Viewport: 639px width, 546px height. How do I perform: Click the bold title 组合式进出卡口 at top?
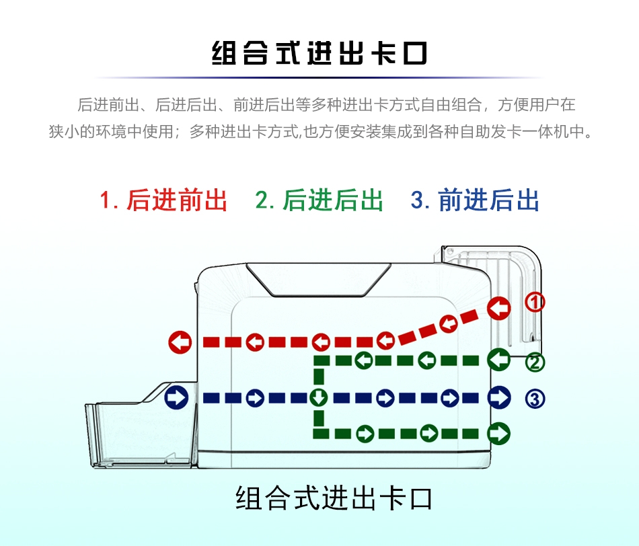(x=319, y=53)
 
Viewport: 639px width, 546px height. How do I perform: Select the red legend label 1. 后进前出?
(x=163, y=200)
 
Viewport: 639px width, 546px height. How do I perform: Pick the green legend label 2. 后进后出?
(x=319, y=200)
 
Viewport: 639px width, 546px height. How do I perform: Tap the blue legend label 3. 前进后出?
(x=475, y=200)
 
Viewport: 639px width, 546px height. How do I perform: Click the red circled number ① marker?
(x=535, y=303)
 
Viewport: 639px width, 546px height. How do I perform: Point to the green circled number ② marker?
(x=535, y=362)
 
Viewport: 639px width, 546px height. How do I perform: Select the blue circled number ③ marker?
(x=535, y=399)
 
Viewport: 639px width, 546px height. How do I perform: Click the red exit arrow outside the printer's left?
(x=180, y=342)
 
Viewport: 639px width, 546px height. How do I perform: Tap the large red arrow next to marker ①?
(x=499, y=308)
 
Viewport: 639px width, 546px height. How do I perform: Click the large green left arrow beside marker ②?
(x=499, y=360)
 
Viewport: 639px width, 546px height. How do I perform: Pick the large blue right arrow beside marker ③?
(x=499, y=397)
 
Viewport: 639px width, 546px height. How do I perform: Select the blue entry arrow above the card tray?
(x=176, y=397)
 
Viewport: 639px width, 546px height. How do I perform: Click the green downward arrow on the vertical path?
(x=319, y=397)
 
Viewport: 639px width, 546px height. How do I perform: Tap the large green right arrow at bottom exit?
(x=499, y=433)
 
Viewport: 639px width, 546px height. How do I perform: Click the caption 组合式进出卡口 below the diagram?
(x=334, y=498)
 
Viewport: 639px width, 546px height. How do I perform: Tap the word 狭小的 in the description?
(x=72, y=132)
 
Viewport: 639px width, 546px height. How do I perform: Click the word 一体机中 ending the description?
(x=561, y=132)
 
